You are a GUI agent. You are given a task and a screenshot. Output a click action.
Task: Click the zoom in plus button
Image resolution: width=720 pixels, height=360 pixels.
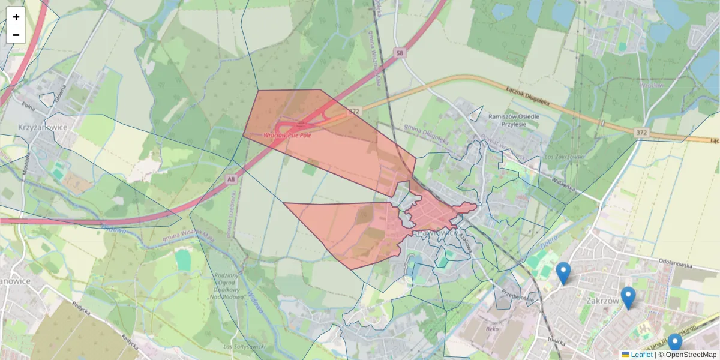coord(16,17)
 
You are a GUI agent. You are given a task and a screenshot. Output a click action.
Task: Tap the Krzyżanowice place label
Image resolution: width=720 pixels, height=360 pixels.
coord(42,128)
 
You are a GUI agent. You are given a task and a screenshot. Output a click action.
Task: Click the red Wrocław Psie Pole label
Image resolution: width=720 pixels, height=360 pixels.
coord(287,135)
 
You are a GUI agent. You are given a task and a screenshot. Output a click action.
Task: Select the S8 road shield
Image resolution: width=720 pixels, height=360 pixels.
coord(400,54)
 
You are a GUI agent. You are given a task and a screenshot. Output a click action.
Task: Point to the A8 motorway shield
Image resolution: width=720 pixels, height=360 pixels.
coord(231,179)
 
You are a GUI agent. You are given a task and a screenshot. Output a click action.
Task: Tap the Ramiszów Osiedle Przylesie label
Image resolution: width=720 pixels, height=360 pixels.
coord(514,121)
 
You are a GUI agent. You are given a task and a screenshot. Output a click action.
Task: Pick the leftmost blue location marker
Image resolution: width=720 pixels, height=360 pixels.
coord(563,272)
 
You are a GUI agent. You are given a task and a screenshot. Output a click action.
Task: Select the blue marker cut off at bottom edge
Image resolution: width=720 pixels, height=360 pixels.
coord(675,343)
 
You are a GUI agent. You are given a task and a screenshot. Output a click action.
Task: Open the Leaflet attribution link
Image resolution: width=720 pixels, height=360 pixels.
coord(641,355)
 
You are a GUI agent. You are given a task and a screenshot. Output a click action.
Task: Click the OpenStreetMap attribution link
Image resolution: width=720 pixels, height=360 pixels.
coord(691,355)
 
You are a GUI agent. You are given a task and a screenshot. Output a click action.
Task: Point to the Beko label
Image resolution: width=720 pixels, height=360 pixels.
coord(493,329)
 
